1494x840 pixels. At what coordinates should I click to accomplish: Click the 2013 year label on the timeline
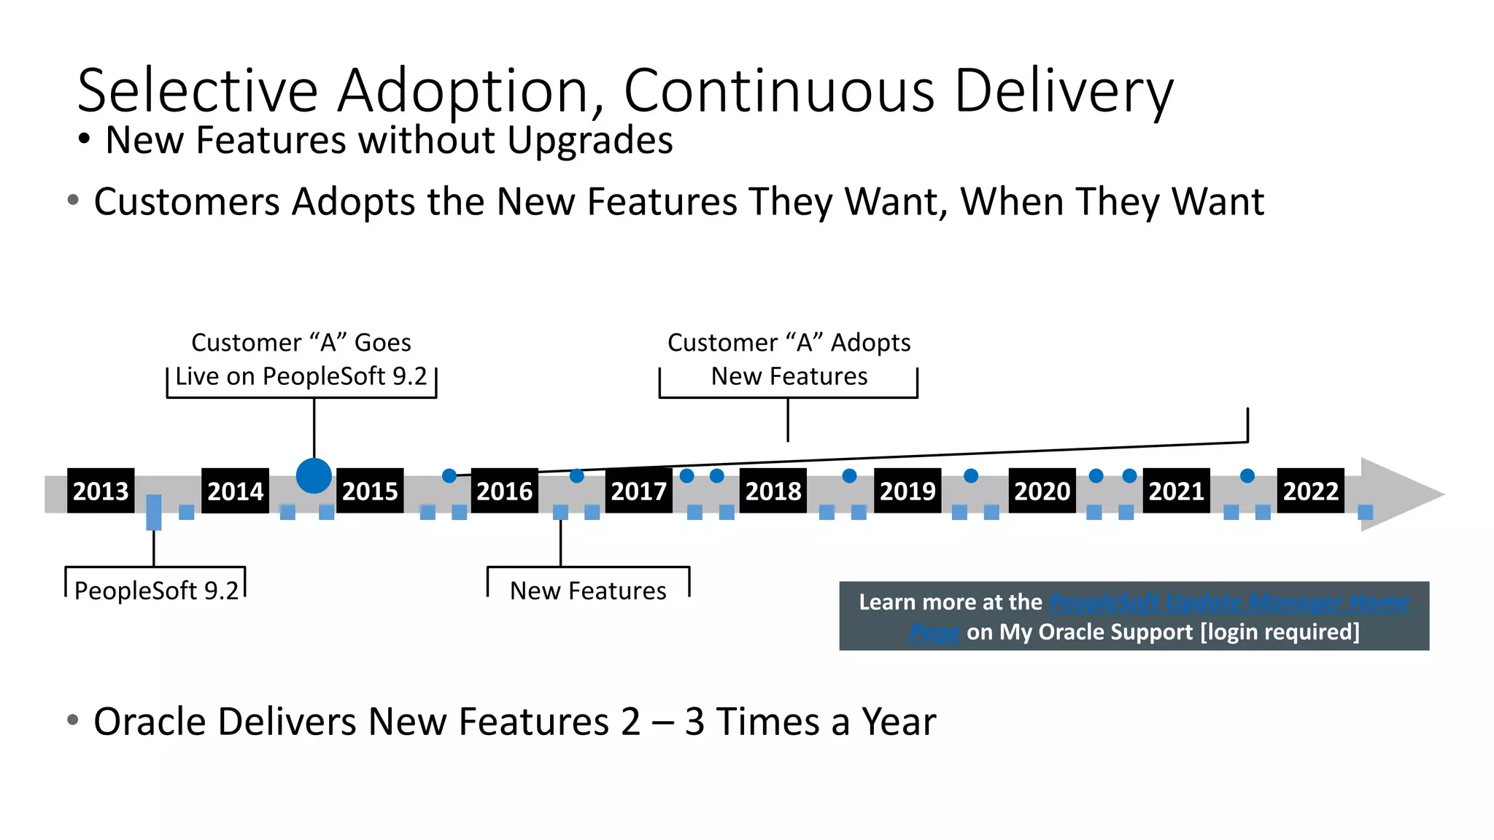tap(101, 491)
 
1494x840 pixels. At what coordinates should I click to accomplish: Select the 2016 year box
tap(504, 491)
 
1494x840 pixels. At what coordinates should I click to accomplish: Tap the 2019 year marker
tap(907, 491)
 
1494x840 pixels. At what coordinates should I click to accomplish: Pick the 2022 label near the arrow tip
tap(1310, 491)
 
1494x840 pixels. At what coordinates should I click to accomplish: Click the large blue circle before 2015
tap(314, 476)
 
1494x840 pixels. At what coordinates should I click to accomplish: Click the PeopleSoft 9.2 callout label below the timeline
tap(156, 591)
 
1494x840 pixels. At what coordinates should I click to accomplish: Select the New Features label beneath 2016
tap(588, 591)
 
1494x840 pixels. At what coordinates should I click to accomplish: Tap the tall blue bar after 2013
tap(154, 512)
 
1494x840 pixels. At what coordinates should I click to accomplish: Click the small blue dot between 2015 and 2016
tap(449, 476)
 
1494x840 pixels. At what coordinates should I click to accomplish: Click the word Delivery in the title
tap(1064, 90)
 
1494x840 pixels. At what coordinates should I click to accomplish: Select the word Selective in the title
tap(198, 90)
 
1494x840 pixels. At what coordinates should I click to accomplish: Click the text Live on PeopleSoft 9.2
tap(301, 376)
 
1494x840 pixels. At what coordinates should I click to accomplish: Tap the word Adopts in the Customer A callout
tap(870, 343)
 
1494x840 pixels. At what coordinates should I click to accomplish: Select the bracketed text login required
tap(1280, 631)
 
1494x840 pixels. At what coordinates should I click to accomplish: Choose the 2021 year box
tap(1176, 491)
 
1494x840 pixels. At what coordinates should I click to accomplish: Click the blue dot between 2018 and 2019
tap(849, 476)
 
